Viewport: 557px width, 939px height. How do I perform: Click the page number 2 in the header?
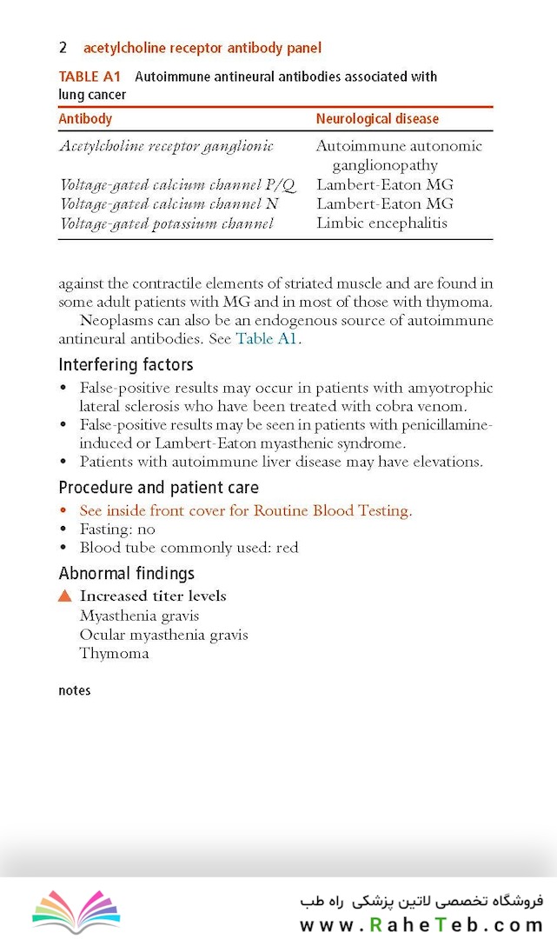click(63, 48)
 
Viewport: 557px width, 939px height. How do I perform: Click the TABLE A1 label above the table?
click(90, 77)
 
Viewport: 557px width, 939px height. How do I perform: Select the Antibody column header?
click(85, 118)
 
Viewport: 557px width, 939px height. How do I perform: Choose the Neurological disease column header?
click(377, 118)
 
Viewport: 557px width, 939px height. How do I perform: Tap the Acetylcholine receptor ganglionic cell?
click(166, 146)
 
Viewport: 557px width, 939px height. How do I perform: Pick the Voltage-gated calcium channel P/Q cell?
click(177, 184)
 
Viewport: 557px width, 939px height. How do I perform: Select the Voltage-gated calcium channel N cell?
click(169, 203)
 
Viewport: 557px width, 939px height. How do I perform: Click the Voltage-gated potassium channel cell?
click(166, 223)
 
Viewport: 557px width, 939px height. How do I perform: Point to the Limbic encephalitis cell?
click(381, 223)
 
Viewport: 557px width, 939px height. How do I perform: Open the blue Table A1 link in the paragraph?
click(267, 339)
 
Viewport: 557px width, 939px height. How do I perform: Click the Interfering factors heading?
click(126, 364)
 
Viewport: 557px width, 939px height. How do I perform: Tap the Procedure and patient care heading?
click(158, 487)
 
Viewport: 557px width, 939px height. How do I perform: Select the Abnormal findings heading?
click(127, 573)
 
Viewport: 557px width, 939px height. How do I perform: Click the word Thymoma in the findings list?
click(114, 653)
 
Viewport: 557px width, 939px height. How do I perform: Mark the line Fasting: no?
click(117, 529)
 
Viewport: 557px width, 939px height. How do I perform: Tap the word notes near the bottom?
click(75, 690)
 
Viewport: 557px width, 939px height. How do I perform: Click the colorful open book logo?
click(76, 910)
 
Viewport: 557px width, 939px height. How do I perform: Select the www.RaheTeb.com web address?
click(421, 925)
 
